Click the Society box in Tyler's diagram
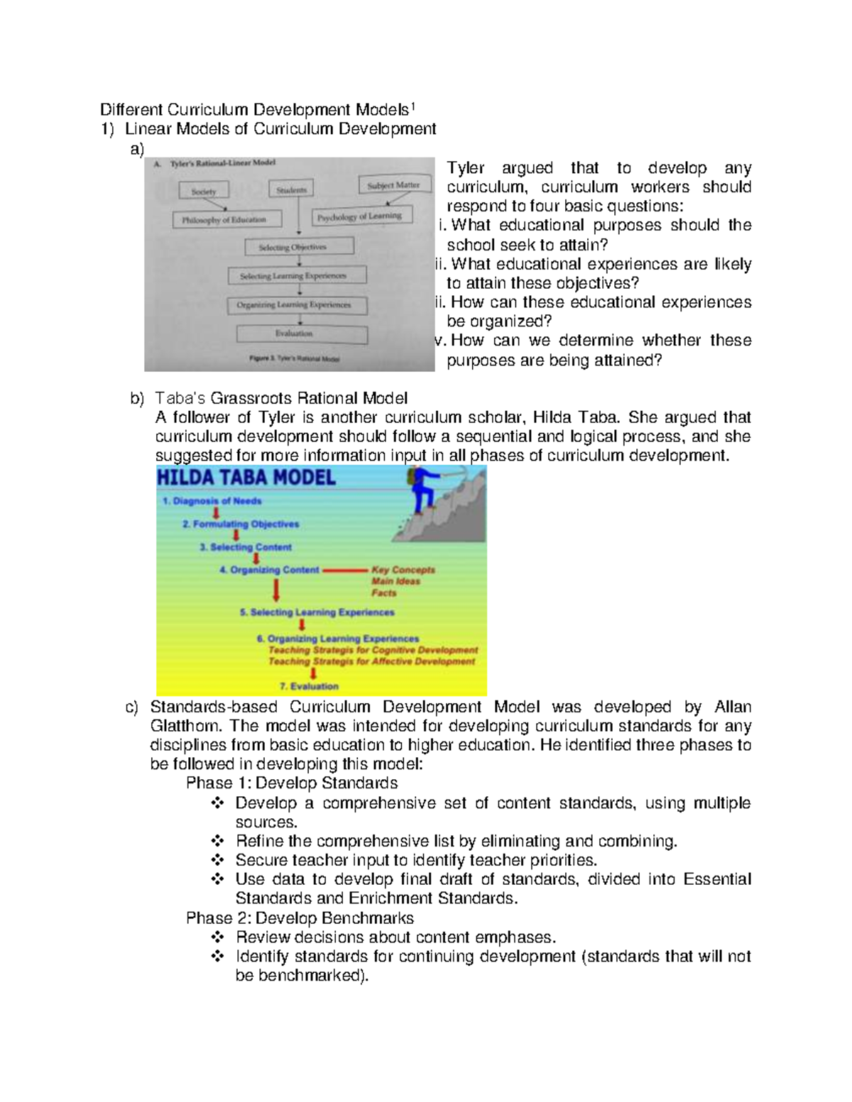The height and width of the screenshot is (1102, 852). click(203, 192)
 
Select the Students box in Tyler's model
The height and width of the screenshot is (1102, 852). click(291, 189)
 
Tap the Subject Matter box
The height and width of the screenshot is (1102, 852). click(393, 185)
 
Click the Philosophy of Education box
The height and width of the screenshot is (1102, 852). click(226, 220)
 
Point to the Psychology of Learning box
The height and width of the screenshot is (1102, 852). click(361, 216)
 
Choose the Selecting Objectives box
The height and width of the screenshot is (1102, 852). click(298, 247)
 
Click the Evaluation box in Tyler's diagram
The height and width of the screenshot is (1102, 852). click(301, 334)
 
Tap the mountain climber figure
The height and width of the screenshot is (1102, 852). click(425, 489)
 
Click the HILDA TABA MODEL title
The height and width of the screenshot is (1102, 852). click(246, 478)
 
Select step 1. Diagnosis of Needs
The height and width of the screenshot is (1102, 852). click(212, 501)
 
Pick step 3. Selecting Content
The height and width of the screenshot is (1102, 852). click(246, 547)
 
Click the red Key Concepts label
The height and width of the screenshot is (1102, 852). click(403, 570)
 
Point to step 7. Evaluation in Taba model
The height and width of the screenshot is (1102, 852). click(309, 686)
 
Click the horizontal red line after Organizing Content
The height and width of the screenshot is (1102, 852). click(345, 570)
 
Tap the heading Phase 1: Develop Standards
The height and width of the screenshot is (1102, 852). click(291, 783)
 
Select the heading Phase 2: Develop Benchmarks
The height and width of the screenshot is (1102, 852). click(300, 918)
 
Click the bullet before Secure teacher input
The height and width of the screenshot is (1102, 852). click(217, 860)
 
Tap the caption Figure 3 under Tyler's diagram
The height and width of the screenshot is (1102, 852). click(294, 359)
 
